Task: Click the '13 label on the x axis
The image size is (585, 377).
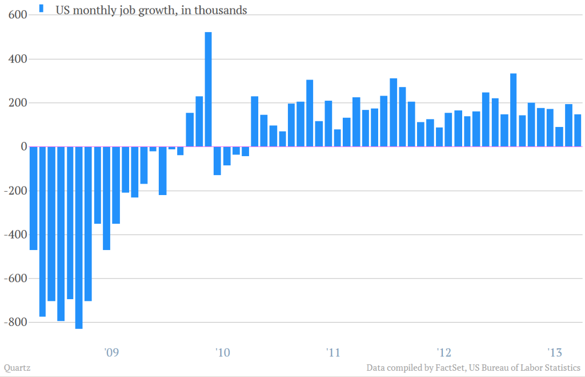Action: (x=554, y=351)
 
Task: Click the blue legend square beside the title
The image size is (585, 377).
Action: (x=41, y=8)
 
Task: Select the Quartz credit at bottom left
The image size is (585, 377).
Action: (x=17, y=367)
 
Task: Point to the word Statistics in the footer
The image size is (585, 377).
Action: (x=559, y=367)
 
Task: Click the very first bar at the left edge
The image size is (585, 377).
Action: (x=33, y=198)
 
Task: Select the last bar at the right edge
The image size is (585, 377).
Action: (x=578, y=130)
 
